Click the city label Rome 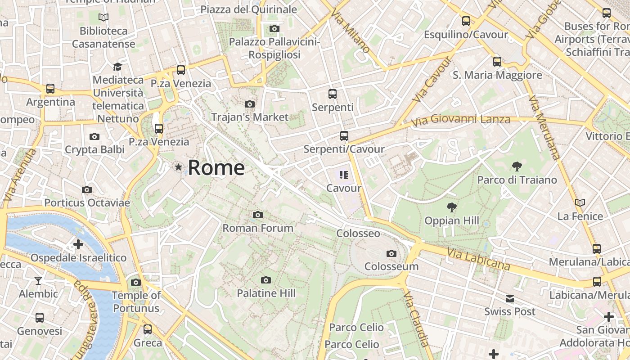[216, 167]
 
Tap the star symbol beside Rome [179, 167]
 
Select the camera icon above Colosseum [391, 254]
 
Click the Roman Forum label [258, 228]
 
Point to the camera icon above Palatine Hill [266, 280]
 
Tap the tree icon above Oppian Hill [451, 207]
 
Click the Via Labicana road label [478, 260]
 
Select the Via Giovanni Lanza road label [461, 120]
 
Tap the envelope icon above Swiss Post [509, 299]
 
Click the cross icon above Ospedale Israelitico [78, 245]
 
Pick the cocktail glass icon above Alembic [38, 281]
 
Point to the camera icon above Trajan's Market [249, 104]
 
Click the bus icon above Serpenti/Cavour [344, 135]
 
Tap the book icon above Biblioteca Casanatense [103, 18]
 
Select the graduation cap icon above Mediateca [117, 67]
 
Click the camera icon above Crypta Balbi [94, 136]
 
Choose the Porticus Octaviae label [87, 202]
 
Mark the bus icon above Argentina [50, 89]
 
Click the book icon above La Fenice [580, 203]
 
